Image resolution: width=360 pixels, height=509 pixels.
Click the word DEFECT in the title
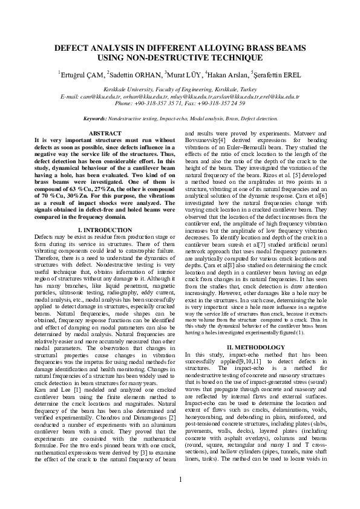74,48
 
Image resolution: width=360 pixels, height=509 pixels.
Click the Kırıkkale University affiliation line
180,89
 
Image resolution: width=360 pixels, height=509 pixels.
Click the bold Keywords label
96,118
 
